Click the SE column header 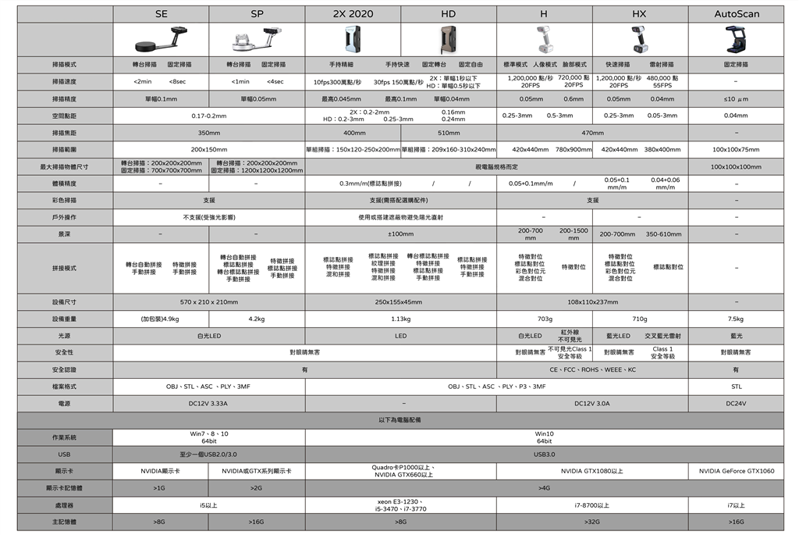click(162, 14)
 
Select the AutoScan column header click(737, 14)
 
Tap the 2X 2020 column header click(353, 14)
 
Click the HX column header click(639, 14)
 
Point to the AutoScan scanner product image click(737, 39)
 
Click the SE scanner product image click(161, 39)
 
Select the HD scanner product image click(448, 39)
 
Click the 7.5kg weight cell click(737, 319)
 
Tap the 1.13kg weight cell click(400, 319)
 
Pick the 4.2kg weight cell click(257, 319)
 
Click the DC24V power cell click(737, 403)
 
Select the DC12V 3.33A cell click(208, 403)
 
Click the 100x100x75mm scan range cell click(737, 149)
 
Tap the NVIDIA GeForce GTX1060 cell click(737, 471)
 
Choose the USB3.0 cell click(544, 454)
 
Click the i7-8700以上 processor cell click(591, 505)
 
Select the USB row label click(65, 454)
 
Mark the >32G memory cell click(591, 522)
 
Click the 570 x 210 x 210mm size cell click(208, 301)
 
